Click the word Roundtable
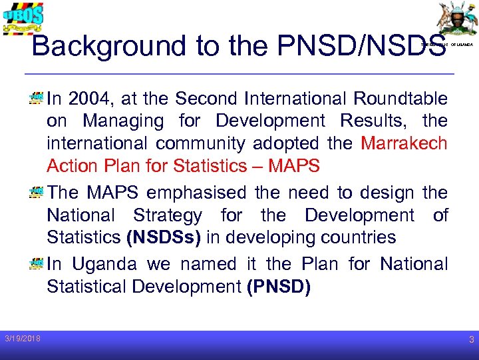coord(400,99)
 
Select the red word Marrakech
coord(404,144)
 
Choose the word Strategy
coord(167,215)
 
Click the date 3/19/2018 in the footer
coord(21,339)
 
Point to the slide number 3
coord(470,340)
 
